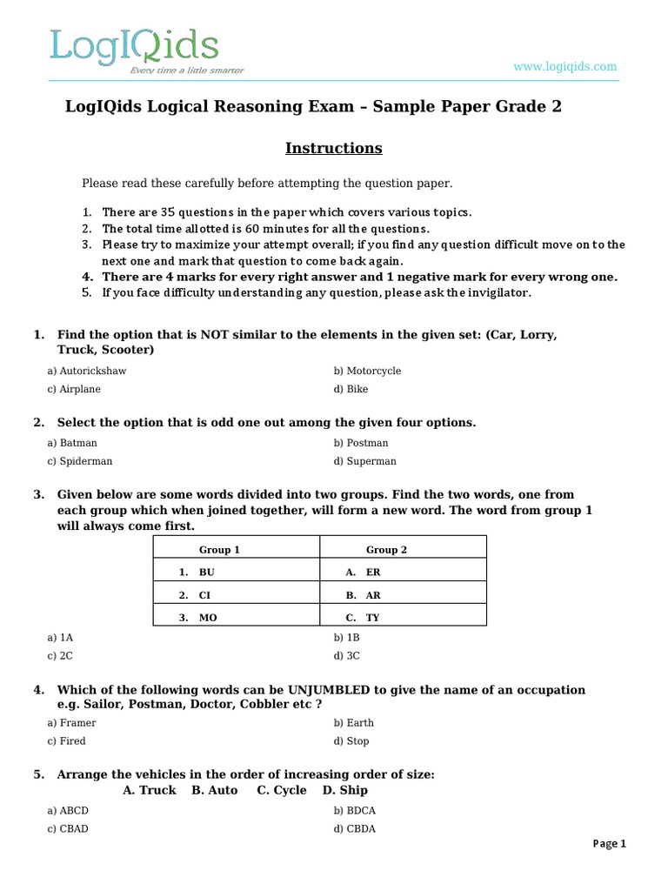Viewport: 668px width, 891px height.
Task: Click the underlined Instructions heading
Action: [334, 148]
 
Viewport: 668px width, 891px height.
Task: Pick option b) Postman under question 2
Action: [361, 443]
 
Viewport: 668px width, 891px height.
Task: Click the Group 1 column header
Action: [219, 550]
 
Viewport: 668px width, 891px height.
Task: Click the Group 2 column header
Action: [386, 550]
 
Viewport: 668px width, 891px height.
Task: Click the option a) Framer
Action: [72, 723]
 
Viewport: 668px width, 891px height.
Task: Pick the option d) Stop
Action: [351, 741]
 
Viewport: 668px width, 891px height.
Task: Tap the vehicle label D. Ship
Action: [344, 790]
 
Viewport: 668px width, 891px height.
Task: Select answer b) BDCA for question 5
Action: [355, 810]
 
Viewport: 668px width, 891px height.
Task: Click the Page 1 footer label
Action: [609, 843]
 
